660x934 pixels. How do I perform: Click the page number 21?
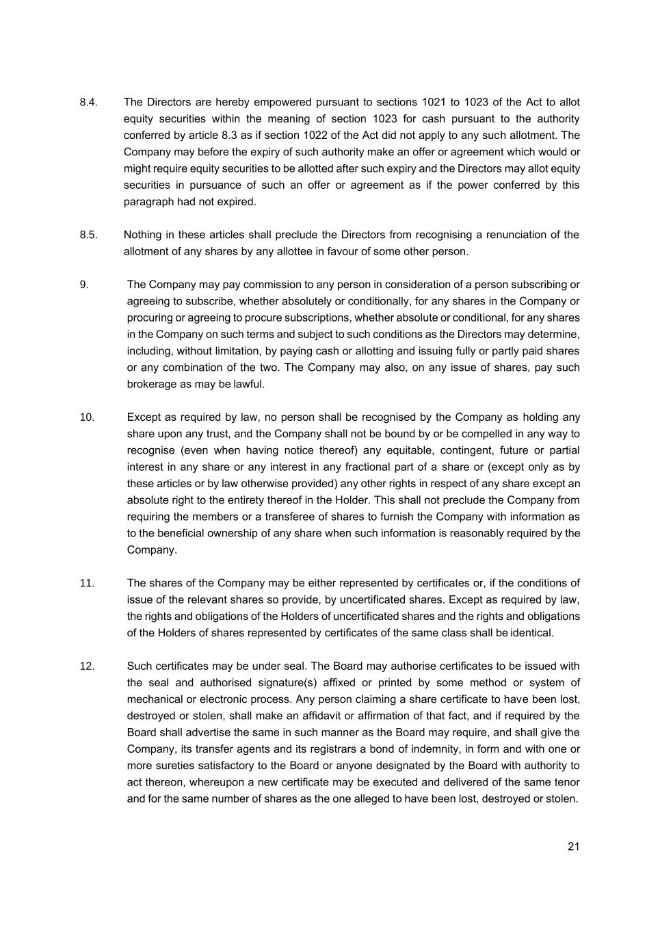(x=573, y=846)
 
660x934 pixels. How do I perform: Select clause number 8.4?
(x=89, y=103)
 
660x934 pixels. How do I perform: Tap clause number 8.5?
(x=89, y=235)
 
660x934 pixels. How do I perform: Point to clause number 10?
(x=87, y=417)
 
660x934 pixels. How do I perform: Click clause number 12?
(x=87, y=666)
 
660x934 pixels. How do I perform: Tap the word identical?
(x=532, y=633)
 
